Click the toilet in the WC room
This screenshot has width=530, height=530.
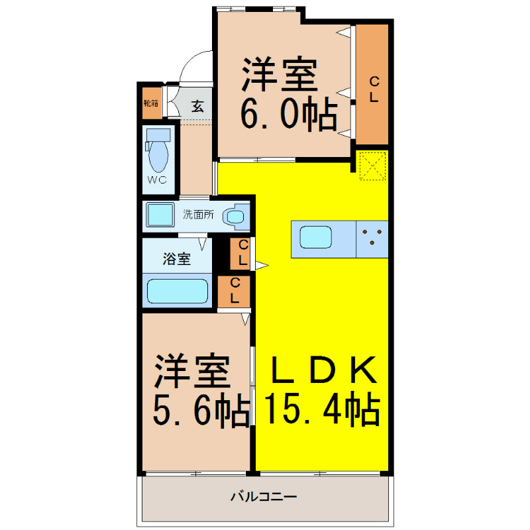[x=159, y=156]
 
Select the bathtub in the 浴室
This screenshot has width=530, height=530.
[x=177, y=291]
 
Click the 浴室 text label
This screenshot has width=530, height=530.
[x=177, y=259]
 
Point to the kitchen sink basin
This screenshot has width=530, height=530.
[x=315, y=237]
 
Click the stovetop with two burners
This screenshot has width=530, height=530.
[x=372, y=237]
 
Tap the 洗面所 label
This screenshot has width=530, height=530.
[x=198, y=215]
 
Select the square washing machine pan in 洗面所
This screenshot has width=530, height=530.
[x=160, y=215]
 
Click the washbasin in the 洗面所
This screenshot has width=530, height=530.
[x=235, y=216]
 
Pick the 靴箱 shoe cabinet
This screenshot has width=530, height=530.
[x=152, y=104]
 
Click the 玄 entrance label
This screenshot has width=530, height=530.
[x=197, y=105]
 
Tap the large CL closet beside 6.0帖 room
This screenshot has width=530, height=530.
[x=372, y=85]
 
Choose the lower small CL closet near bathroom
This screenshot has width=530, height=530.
[x=235, y=291]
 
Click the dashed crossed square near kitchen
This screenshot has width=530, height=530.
[x=372, y=166]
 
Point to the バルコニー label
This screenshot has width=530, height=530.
[x=264, y=496]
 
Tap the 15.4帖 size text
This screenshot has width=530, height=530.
[x=323, y=409]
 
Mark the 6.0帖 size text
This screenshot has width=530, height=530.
[x=287, y=117]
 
